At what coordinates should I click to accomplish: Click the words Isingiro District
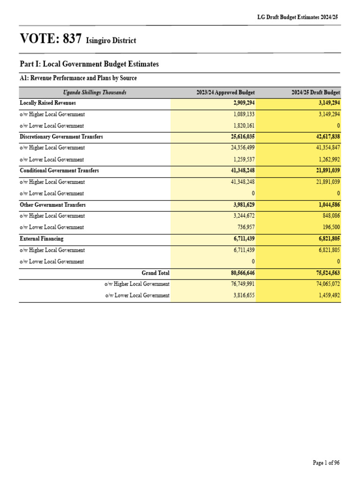[111, 41]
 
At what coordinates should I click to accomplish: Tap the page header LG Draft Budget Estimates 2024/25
[298, 17]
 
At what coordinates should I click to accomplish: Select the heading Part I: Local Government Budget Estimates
[89, 64]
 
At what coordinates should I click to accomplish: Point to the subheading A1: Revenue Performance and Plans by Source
[78, 78]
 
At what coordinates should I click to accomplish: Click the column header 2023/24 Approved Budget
[225, 93]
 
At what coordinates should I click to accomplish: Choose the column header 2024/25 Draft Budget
[315, 93]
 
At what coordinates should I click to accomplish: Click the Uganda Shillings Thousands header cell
[95, 93]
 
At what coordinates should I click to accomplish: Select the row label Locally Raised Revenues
[48, 103]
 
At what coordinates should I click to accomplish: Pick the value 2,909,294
[242, 103]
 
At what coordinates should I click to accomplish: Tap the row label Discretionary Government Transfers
[61, 137]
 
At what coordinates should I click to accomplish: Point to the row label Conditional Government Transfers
[59, 171]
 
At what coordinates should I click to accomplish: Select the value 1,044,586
[327, 205]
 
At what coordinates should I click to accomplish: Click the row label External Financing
[41, 239]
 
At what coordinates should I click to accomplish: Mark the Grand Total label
[156, 273]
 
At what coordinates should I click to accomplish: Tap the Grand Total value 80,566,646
[240, 273]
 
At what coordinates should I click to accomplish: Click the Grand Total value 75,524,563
[325, 273]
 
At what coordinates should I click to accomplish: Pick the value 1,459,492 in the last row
[327, 296]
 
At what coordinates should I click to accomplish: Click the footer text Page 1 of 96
[326, 463]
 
